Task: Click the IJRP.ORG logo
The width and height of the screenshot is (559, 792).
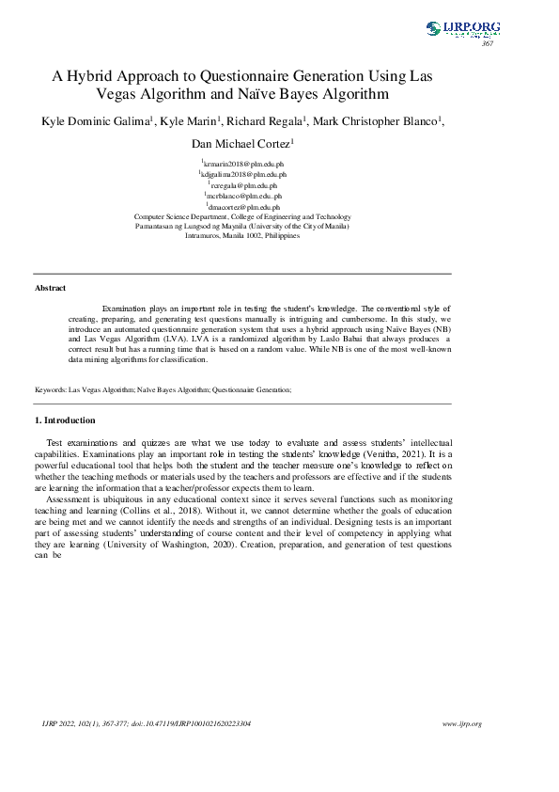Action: pyautogui.click(x=462, y=29)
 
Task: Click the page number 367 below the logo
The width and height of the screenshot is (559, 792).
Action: pyautogui.click(x=488, y=44)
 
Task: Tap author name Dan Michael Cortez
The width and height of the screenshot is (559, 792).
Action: pyautogui.click(x=241, y=144)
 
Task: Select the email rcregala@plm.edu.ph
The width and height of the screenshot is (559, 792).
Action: pyautogui.click(x=244, y=185)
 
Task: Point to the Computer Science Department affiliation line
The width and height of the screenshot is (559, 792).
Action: pyautogui.click(x=242, y=216)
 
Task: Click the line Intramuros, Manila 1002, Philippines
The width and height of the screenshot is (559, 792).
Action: pyautogui.click(x=242, y=235)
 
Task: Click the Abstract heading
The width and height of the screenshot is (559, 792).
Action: pyautogui.click(x=50, y=288)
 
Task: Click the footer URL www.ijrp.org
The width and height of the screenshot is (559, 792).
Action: pyautogui.click(x=461, y=723)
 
